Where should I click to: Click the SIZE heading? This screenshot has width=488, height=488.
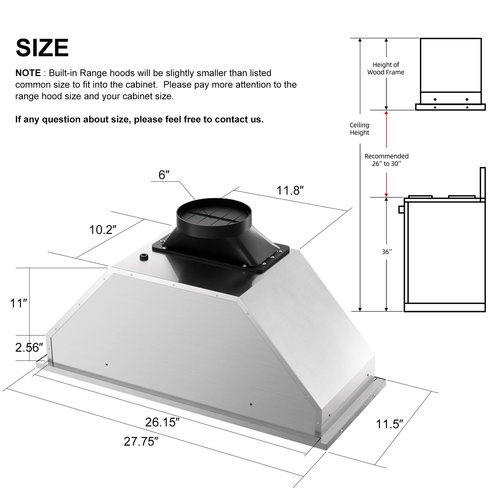click(42, 48)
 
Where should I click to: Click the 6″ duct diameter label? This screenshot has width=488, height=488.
click(164, 175)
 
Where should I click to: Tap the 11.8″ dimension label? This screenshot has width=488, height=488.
click(290, 191)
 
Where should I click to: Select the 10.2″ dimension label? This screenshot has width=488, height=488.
click(103, 230)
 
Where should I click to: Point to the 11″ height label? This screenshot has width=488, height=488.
click(19, 303)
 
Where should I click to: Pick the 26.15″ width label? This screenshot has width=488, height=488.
click(162, 422)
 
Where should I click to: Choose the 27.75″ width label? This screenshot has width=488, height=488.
click(141, 441)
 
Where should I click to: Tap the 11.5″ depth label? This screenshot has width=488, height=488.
click(389, 424)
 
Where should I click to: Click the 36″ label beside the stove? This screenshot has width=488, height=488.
click(387, 252)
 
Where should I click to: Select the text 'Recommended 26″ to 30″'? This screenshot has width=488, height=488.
click(386, 160)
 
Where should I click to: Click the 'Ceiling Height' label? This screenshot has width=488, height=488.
click(359, 129)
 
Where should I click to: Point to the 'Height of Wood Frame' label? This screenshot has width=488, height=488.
click(386, 68)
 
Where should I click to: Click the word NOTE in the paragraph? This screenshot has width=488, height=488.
click(28, 73)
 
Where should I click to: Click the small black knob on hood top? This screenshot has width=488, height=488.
click(144, 257)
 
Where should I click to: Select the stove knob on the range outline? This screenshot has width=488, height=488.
click(401, 209)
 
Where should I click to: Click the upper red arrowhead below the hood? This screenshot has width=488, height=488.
click(386, 113)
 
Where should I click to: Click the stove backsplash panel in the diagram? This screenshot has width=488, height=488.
click(483, 184)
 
